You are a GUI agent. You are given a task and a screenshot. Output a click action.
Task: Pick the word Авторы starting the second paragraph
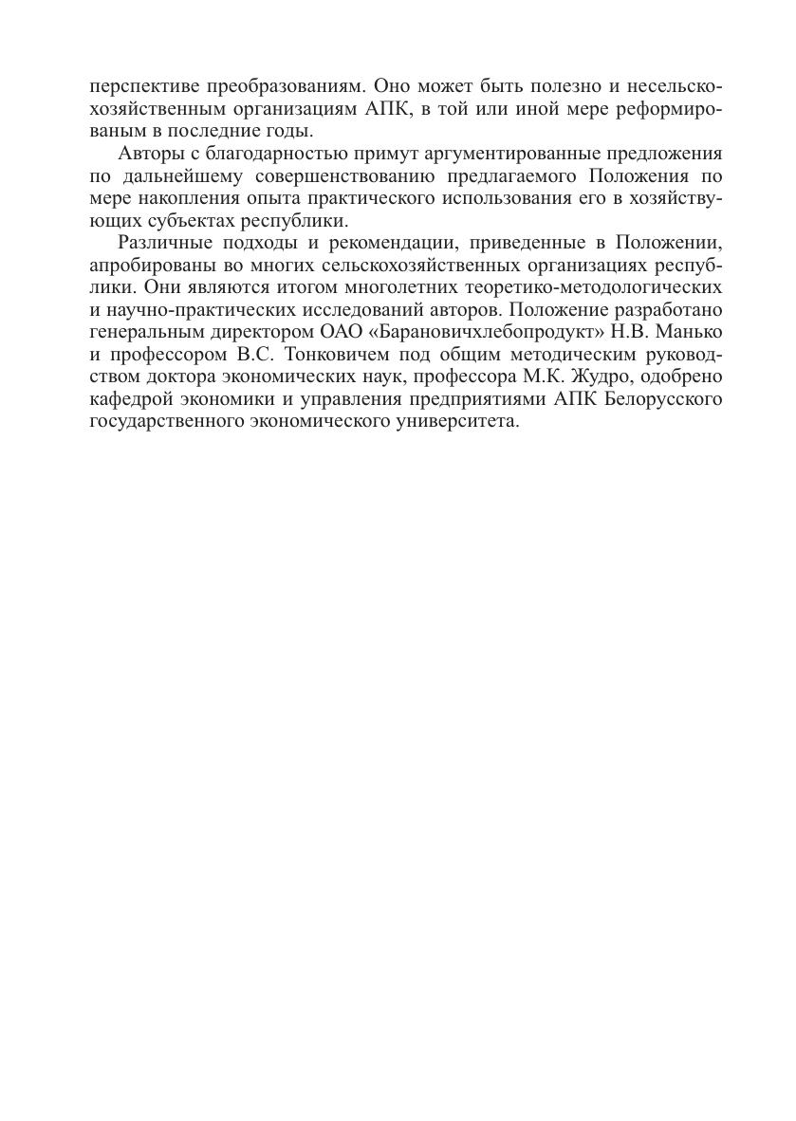(x=148, y=154)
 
